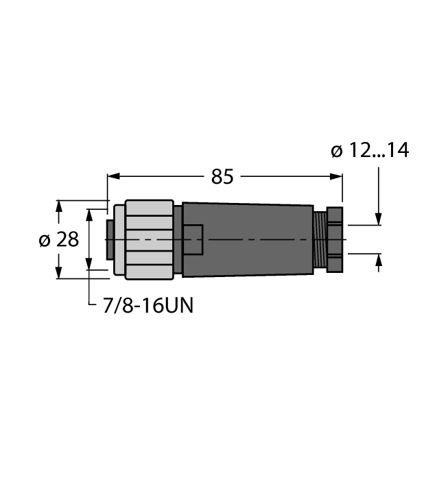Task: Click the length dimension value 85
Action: pyautogui.click(x=222, y=177)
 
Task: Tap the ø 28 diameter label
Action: pyautogui.click(x=58, y=240)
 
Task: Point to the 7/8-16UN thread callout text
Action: pyautogui.click(x=148, y=306)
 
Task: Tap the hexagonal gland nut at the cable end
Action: pyautogui.click(x=334, y=239)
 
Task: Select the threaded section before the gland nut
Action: pyautogui.click(x=319, y=239)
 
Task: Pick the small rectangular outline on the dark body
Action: pyautogui.click(x=193, y=240)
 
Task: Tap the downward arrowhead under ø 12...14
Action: pyautogui.click(x=378, y=219)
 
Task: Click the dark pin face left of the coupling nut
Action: pyautogui.click(x=110, y=239)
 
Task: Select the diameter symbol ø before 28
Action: pyautogui.click(x=44, y=240)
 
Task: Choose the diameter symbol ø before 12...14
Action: pyautogui.click(x=336, y=150)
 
